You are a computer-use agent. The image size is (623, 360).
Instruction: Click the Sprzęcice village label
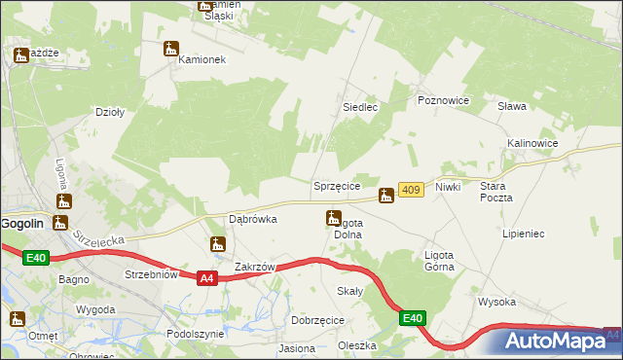[337, 185]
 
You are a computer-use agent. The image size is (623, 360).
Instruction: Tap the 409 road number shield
[410, 191]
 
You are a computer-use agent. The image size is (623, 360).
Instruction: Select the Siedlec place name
[359, 107]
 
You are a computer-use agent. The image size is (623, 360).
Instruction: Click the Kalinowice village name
[531, 143]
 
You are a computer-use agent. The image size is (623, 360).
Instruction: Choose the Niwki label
[448, 186]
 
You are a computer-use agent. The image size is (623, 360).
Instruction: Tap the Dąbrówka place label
[252, 219]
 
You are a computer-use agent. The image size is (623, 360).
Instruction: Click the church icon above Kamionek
[172, 47]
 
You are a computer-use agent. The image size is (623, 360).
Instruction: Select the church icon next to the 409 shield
[386, 196]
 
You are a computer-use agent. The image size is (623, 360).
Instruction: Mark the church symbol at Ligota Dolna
[333, 220]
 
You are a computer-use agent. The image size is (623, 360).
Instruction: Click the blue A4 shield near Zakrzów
[205, 278]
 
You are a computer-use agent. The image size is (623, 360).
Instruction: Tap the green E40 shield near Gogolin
[36, 257]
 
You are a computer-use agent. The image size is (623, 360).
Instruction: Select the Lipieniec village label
[523, 234]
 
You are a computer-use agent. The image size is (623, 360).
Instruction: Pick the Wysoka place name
[496, 302]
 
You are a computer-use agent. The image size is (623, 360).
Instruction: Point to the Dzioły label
[109, 112]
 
